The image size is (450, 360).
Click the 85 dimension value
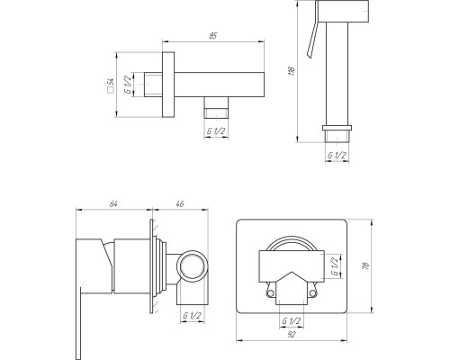coord(212,35)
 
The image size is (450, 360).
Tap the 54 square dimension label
coord(111,85)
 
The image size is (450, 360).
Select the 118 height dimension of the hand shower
coord(292,70)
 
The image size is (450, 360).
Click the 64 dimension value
coord(113,203)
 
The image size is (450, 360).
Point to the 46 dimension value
coord(179,203)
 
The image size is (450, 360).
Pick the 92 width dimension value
coord(292,335)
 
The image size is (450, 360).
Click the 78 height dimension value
coord(366,265)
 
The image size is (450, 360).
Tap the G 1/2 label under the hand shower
coord(337,156)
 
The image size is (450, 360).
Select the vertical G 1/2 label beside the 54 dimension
coord(128,85)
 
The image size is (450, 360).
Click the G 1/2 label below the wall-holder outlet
coord(216,131)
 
